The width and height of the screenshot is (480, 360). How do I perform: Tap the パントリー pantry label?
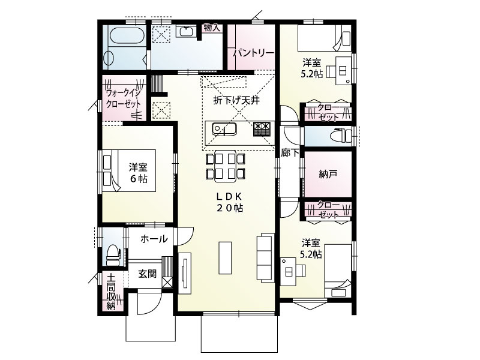point(253,53)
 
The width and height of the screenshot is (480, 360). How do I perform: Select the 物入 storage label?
point(212,28)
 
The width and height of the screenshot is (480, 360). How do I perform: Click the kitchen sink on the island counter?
point(224,128)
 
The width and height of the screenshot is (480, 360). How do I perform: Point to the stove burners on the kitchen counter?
point(262,128)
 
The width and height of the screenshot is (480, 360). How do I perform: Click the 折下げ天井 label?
point(236,100)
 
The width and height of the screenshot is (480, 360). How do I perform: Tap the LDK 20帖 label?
point(230,202)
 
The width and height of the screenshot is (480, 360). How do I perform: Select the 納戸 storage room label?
point(328,174)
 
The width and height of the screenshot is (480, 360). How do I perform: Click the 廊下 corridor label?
point(290,153)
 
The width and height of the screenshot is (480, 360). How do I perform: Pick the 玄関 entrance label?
point(147,274)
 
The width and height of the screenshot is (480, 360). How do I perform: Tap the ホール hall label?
point(154,239)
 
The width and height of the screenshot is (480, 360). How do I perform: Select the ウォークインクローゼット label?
point(123,98)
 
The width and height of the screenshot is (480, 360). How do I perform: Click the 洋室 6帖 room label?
point(139,173)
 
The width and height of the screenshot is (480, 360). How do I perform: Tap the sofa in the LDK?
point(265,257)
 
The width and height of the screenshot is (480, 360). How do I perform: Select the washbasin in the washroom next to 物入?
point(185,32)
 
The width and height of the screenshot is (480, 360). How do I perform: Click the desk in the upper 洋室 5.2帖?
point(343,71)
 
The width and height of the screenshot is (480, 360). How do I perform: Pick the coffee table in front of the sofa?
point(226,258)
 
